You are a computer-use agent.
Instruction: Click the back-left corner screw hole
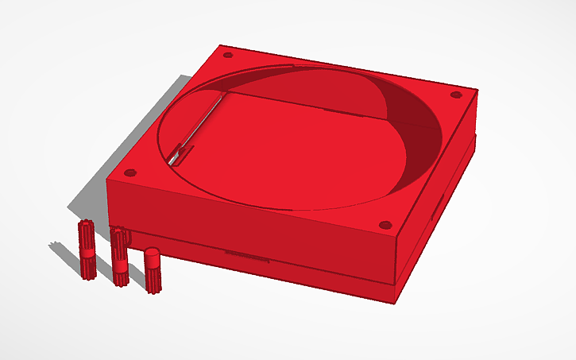click(228, 56)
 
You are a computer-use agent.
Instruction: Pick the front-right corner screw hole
click(385, 225)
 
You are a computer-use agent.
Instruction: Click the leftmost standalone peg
click(87, 250)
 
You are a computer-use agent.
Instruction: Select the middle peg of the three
click(120, 257)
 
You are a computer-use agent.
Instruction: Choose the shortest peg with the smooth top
click(152, 270)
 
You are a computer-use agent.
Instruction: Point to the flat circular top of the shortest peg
click(152, 254)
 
